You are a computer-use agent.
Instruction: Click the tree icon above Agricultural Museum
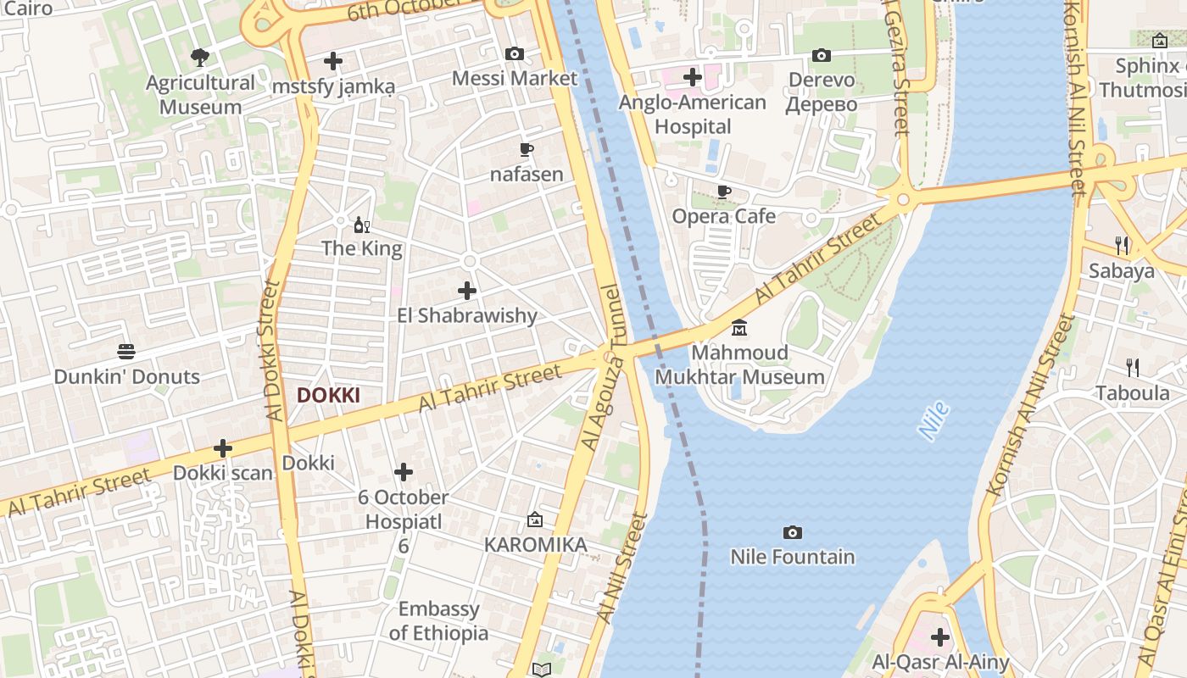200,58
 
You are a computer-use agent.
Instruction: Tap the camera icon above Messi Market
514,54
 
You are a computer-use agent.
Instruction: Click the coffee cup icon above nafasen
527,151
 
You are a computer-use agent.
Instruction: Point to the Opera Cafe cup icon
723,192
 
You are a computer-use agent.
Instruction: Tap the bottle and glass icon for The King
362,225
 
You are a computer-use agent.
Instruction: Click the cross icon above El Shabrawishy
467,291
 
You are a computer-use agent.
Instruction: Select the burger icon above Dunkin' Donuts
126,352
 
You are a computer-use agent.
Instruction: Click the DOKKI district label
328,395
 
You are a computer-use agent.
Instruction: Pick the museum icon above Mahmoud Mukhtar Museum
739,328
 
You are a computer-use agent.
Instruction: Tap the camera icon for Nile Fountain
792,532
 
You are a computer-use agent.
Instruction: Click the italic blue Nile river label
933,421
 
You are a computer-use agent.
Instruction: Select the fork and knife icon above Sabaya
1122,246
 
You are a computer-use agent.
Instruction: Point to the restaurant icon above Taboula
1132,368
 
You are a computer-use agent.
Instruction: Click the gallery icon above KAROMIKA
535,520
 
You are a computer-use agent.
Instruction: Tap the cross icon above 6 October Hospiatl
404,472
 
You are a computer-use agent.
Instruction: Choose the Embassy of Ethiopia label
438,621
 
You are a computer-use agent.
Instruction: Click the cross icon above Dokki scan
223,447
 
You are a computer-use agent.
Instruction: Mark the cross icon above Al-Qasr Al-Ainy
939,636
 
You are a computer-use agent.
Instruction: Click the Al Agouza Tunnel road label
604,366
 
